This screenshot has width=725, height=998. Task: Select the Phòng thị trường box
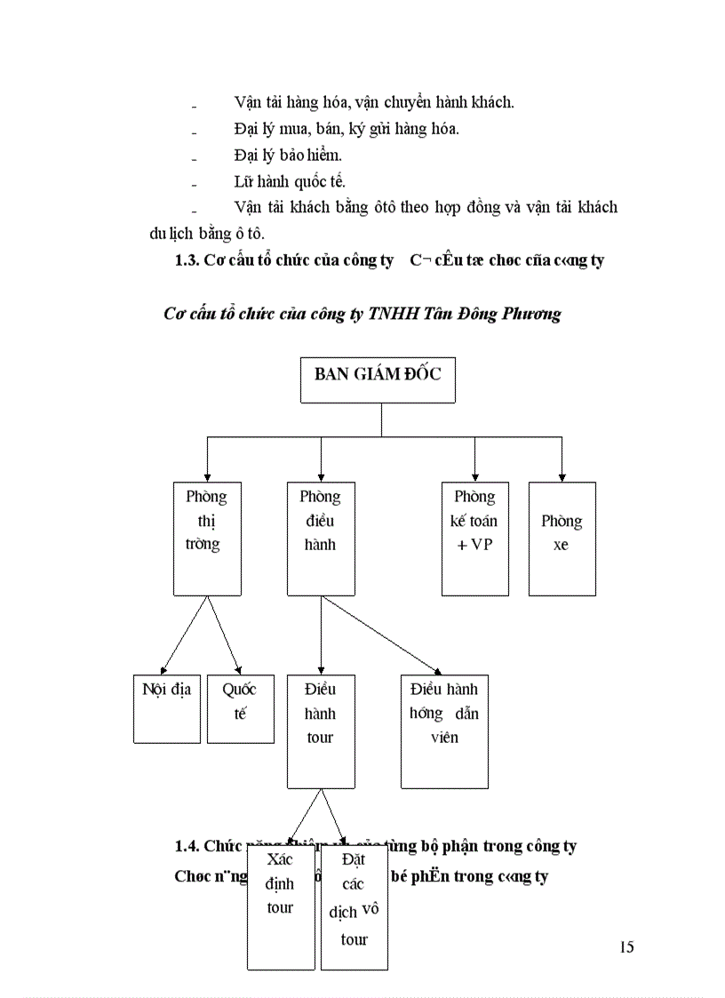tap(207, 539)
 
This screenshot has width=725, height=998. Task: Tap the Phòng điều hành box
tap(321, 539)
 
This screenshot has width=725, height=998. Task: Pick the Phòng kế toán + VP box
tap(475, 539)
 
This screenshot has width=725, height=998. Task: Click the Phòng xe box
tap(562, 539)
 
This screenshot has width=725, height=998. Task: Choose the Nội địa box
tap(166, 709)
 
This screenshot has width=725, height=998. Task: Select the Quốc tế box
tap(241, 709)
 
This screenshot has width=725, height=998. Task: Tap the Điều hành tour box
tap(321, 731)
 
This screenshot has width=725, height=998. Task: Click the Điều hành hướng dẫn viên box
tap(444, 731)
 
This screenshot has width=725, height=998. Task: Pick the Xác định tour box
tap(281, 906)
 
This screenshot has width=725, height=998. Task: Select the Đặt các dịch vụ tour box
tap(354, 906)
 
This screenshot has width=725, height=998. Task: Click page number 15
tap(626, 946)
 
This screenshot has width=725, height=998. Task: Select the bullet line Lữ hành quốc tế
tap(290, 182)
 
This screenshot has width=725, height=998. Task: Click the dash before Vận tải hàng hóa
tap(194, 105)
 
